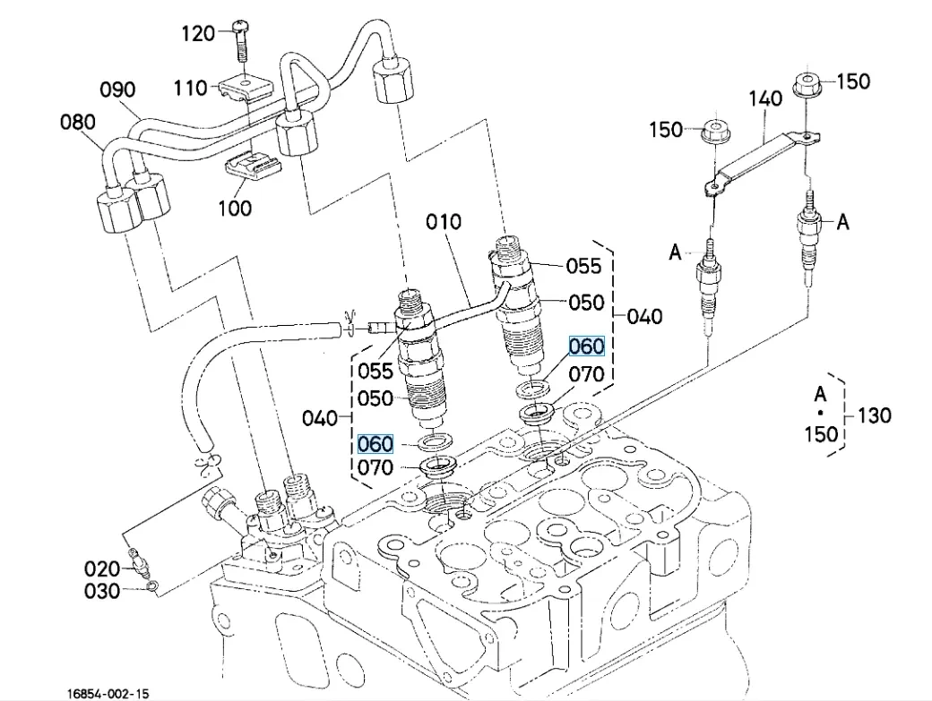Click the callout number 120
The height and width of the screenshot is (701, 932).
coord(198,33)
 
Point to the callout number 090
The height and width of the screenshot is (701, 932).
coord(116,90)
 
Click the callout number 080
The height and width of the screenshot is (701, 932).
coord(78,121)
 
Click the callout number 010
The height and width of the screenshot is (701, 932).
coord(443,221)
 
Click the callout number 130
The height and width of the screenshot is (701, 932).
coord(875,415)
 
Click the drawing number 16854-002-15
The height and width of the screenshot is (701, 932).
coord(108,693)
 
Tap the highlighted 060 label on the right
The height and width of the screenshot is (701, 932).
coord(587,346)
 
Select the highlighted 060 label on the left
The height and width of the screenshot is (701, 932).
coord(375,443)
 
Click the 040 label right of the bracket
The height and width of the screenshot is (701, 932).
coord(645,315)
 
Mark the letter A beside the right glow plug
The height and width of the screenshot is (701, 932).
coord(842,222)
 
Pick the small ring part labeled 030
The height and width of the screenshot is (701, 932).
coord(153,586)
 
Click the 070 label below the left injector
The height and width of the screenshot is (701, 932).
coord(375,467)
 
